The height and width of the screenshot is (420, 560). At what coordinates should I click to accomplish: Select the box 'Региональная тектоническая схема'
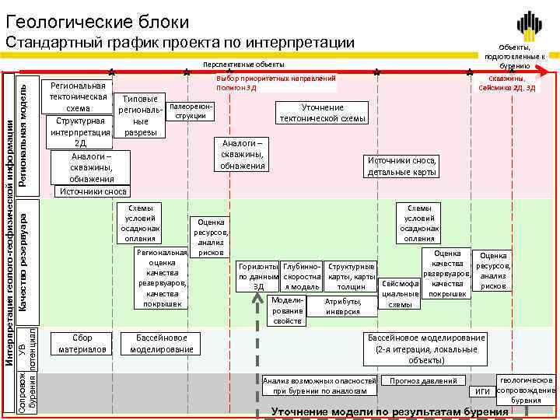(x=77, y=96)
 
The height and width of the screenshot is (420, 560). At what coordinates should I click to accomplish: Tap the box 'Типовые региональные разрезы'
(x=140, y=116)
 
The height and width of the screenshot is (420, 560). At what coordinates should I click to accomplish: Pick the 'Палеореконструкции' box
(x=190, y=110)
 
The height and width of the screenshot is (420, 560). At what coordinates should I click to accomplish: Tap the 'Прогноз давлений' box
(x=424, y=381)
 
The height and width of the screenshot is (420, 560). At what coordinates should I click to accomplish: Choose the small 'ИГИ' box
(x=482, y=390)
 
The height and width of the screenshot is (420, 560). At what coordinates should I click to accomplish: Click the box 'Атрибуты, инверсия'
(x=343, y=306)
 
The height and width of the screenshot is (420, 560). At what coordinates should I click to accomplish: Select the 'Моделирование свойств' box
(x=288, y=310)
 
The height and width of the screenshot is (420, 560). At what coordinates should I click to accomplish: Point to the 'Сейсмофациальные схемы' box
(x=401, y=294)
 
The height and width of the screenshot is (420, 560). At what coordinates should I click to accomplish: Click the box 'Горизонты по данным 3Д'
(x=258, y=276)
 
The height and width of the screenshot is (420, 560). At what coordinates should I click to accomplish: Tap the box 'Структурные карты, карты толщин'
(x=352, y=276)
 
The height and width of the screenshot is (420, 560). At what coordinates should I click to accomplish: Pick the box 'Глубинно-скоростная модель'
(x=302, y=276)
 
